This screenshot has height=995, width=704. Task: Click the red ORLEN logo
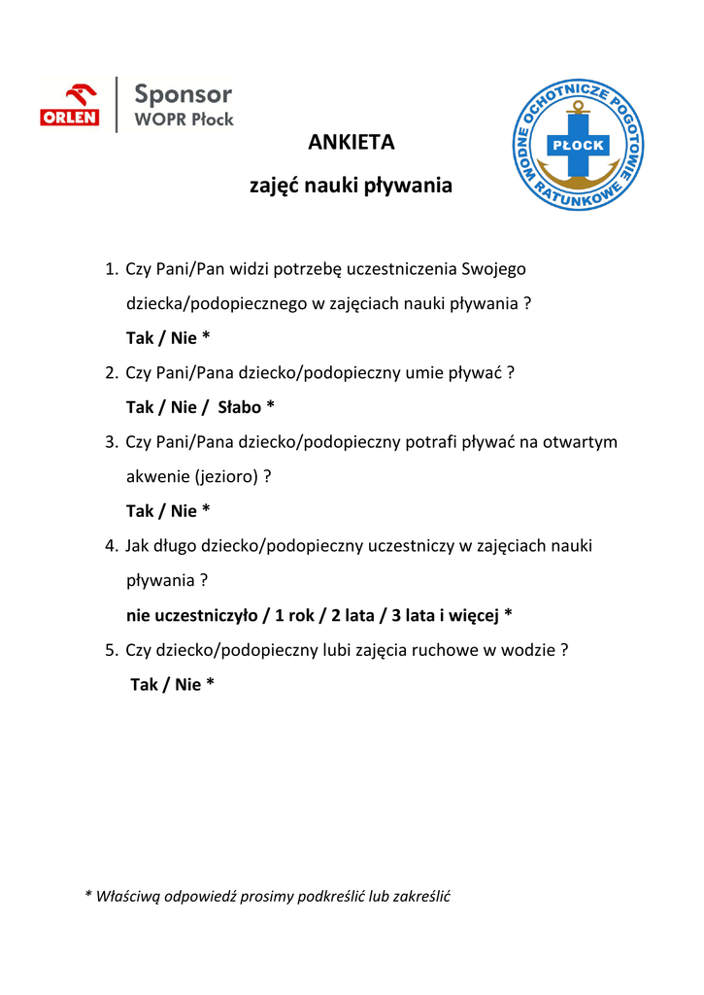[x=69, y=105]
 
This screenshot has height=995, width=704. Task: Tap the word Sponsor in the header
[x=183, y=94]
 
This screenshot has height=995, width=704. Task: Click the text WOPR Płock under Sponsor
[x=184, y=120]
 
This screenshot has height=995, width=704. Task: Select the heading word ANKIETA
[x=352, y=143]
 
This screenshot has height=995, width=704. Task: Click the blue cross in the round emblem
[x=578, y=146]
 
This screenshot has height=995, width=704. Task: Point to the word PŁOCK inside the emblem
[x=578, y=146]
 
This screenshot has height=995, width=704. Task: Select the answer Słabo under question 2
[x=239, y=407]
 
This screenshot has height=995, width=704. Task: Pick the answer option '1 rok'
[x=293, y=615]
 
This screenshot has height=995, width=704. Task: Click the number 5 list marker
[x=111, y=650]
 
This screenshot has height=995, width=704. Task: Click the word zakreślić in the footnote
[x=418, y=896]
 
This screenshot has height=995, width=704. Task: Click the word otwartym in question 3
[x=580, y=442]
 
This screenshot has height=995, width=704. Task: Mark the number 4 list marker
[x=111, y=546]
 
